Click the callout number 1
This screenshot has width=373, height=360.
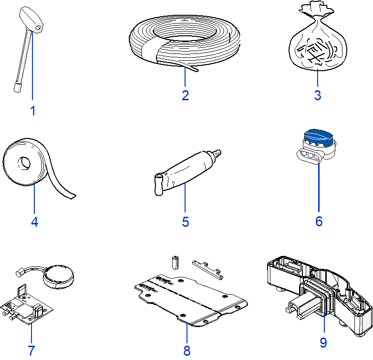32,111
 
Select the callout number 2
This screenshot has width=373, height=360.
186,95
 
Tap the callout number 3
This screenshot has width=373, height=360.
318,95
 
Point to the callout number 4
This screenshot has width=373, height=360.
34,222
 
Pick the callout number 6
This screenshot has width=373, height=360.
319,221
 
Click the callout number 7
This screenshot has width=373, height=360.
31,350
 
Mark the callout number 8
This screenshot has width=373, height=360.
186,350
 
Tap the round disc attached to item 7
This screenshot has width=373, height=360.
59,276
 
